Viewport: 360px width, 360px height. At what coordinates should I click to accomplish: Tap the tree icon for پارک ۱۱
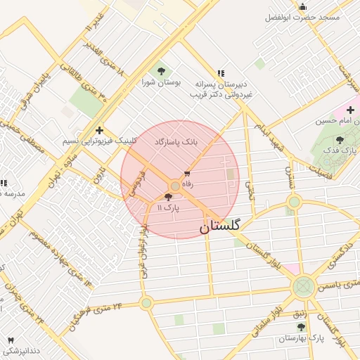click(167, 198)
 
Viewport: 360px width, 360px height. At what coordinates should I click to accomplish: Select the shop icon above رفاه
click(187, 173)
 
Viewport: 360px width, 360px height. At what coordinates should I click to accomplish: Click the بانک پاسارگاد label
click(186, 142)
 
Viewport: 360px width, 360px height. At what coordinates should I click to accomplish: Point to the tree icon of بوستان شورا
click(162, 70)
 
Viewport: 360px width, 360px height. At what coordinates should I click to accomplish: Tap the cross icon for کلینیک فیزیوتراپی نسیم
click(100, 130)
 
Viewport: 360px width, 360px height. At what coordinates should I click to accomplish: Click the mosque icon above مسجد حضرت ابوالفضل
click(302, 6)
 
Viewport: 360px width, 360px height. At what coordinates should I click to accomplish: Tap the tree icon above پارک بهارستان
click(302, 327)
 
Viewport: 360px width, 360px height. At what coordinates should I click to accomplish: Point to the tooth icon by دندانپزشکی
click(10, 340)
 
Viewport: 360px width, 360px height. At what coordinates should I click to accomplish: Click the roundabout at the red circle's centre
click(174, 186)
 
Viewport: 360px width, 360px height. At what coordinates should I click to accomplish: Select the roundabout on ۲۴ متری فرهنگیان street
click(146, 303)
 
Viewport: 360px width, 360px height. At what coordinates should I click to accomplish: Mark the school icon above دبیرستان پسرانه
click(221, 72)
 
